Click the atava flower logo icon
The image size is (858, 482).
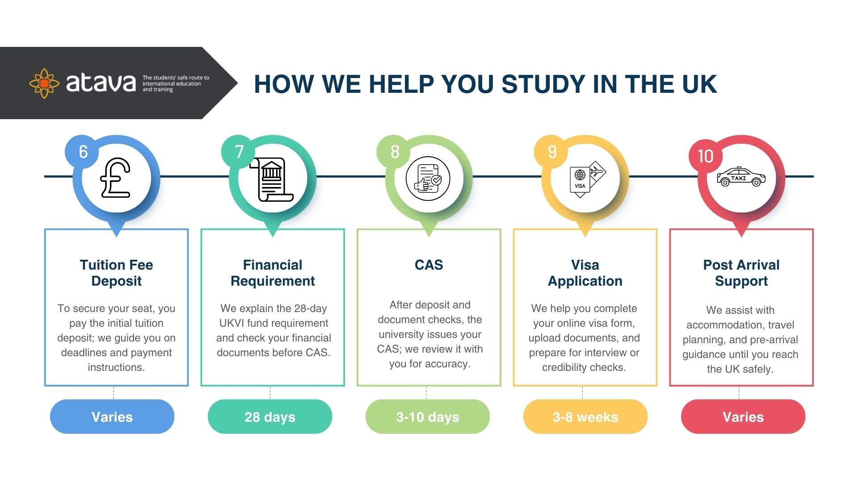(44, 83)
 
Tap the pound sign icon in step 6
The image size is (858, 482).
(115, 178)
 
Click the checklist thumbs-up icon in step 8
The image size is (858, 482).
(428, 179)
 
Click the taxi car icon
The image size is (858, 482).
(741, 177)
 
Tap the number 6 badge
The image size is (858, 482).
(82, 152)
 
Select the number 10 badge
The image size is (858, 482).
(706, 156)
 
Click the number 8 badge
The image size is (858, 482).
(394, 152)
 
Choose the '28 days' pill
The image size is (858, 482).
(270, 416)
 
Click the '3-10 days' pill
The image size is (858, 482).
(428, 416)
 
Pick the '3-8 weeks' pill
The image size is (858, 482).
(585, 416)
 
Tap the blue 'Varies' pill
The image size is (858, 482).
(112, 416)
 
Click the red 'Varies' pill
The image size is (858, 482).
(743, 416)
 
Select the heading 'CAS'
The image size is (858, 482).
(429, 265)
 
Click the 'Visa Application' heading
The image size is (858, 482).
(585, 273)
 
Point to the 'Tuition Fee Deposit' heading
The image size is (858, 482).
(116, 273)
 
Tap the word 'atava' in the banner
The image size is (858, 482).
(101, 83)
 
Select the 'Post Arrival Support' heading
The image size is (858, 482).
(741, 273)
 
